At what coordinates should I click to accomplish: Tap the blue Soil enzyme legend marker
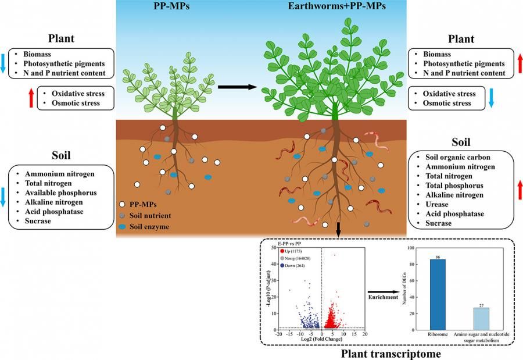pos(123,226)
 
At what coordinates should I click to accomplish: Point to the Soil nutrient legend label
pos(153,215)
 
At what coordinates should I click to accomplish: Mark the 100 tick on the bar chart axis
pos(412,248)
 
